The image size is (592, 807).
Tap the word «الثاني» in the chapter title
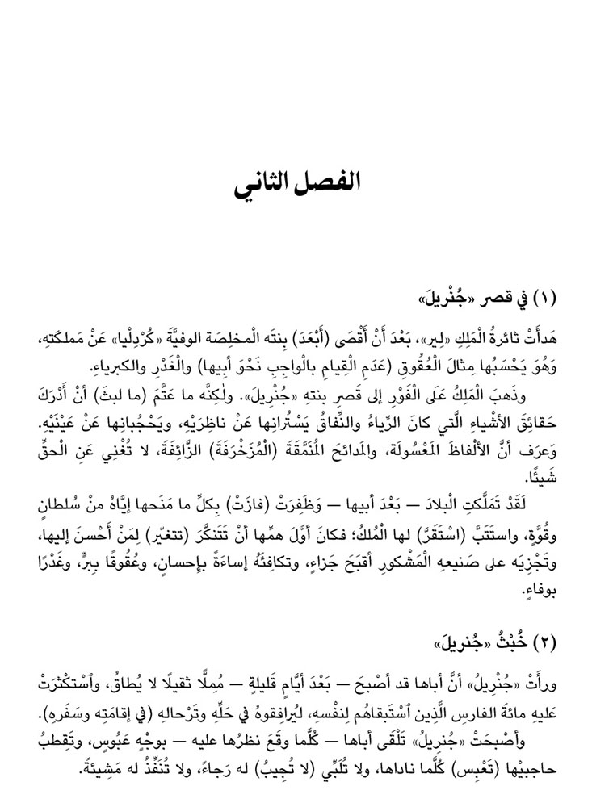[265, 180]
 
